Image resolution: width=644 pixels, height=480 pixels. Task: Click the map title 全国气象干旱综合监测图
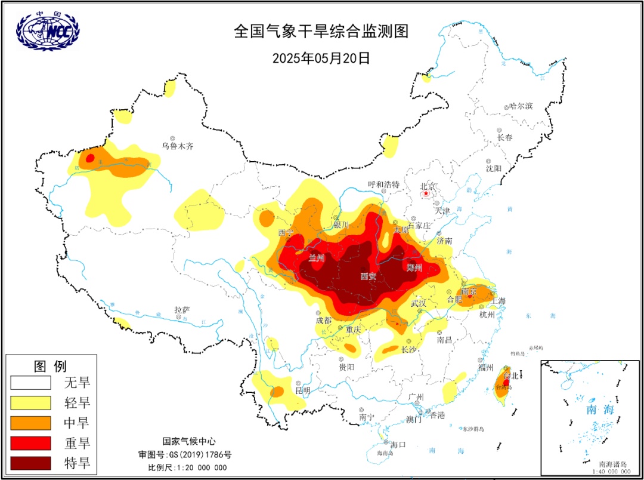[321, 32]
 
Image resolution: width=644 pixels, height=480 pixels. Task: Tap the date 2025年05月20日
[321, 58]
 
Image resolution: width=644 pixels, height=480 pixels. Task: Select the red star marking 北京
[426, 193]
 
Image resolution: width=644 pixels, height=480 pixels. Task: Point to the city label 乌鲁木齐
[178, 146]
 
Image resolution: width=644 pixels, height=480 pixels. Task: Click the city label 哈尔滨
[520, 106]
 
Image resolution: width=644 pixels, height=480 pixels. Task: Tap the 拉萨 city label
[182, 310]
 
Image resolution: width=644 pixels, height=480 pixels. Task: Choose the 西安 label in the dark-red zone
[369, 276]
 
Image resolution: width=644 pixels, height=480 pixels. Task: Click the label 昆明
[303, 390]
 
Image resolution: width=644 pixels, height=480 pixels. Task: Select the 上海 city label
[497, 301]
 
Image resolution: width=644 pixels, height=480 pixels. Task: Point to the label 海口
[398, 444]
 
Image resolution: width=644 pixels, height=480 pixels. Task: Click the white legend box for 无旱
[30, 382]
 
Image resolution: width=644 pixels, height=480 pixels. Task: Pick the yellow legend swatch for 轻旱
[30, 402]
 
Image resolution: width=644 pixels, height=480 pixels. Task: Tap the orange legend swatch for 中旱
[30, 423]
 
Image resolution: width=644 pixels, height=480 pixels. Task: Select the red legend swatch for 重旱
[30, 443]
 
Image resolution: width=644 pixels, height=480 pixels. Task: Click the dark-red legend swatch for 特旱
[30, 463]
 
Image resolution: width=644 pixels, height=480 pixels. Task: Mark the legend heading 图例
[50, 365]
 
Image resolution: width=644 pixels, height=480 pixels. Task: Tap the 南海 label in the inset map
[600, 410]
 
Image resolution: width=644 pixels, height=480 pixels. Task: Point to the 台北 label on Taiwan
[511, 376]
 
